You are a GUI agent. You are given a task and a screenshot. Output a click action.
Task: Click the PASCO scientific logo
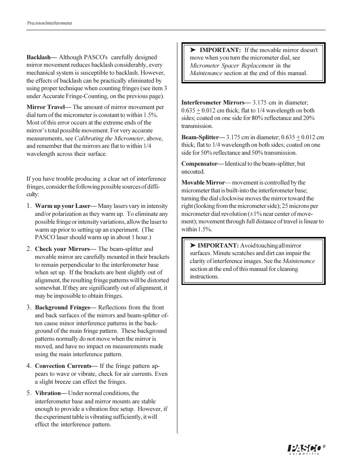[304, 449]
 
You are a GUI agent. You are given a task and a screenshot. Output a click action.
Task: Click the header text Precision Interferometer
[49, 23]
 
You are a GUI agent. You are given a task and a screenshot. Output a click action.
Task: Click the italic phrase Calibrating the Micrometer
[109, 138]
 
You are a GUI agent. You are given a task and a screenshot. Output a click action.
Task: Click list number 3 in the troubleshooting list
[29, 308]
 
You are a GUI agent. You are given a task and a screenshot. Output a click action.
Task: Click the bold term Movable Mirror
[203, 183]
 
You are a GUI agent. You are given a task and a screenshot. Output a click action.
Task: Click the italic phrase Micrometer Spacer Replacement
[231, 66]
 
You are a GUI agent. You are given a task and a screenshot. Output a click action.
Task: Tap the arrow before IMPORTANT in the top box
[192, 50]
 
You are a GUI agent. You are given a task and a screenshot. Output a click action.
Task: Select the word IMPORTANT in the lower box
[218, 246]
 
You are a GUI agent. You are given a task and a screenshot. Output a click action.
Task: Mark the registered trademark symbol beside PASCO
[324, 446]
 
